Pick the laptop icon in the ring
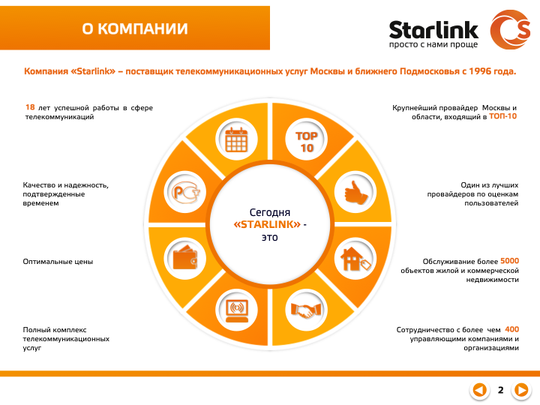click(x=236, y=308)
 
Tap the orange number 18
click(x=31, y=108)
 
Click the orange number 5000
click(x=509, y=260)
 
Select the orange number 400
click(x=511, y=329)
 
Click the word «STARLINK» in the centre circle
click(x=268, y=225)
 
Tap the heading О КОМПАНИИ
click(x=135, y=29)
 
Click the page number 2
click(x=500, y=389)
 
